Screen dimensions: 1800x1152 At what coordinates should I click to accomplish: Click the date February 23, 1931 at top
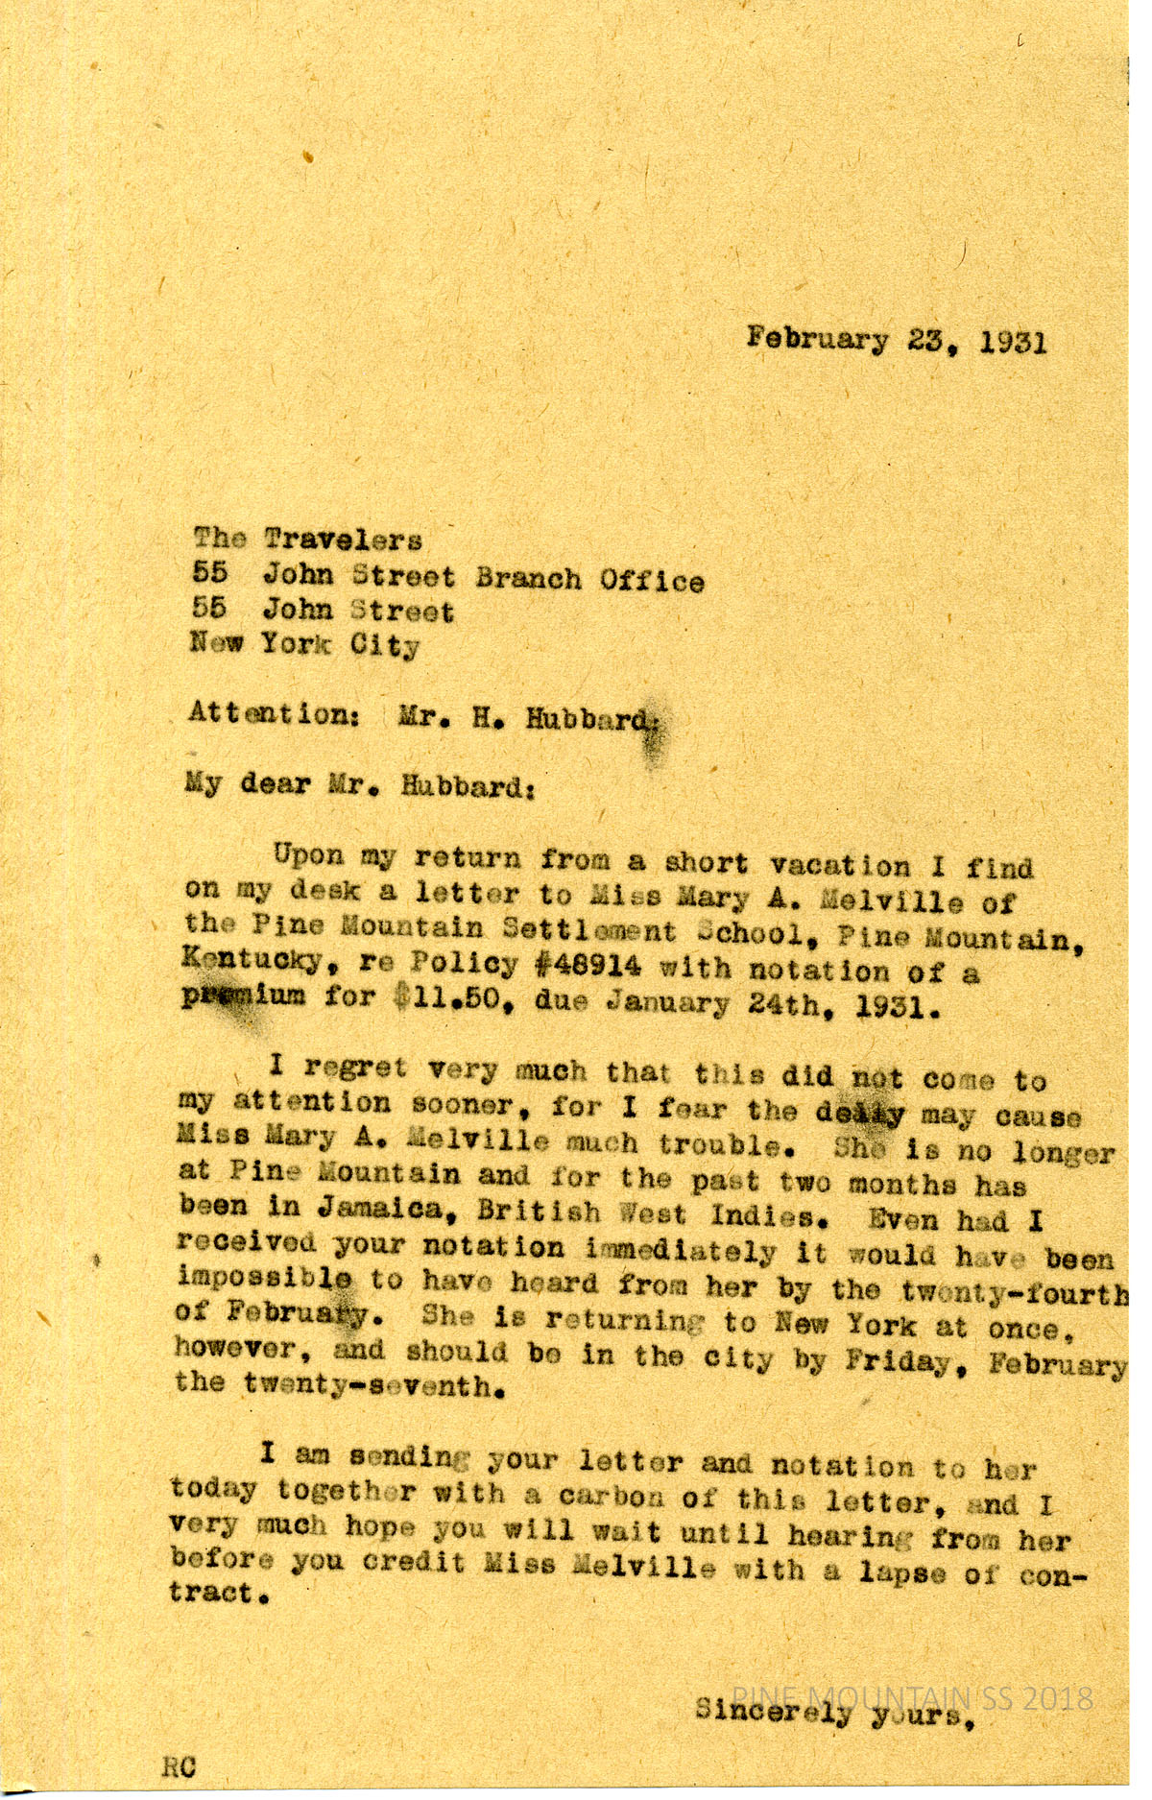tap(897, 340)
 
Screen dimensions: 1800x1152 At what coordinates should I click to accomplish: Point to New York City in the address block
tap(305, 643)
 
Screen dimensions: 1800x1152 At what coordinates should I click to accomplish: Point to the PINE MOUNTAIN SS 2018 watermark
tap(912, 1697)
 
